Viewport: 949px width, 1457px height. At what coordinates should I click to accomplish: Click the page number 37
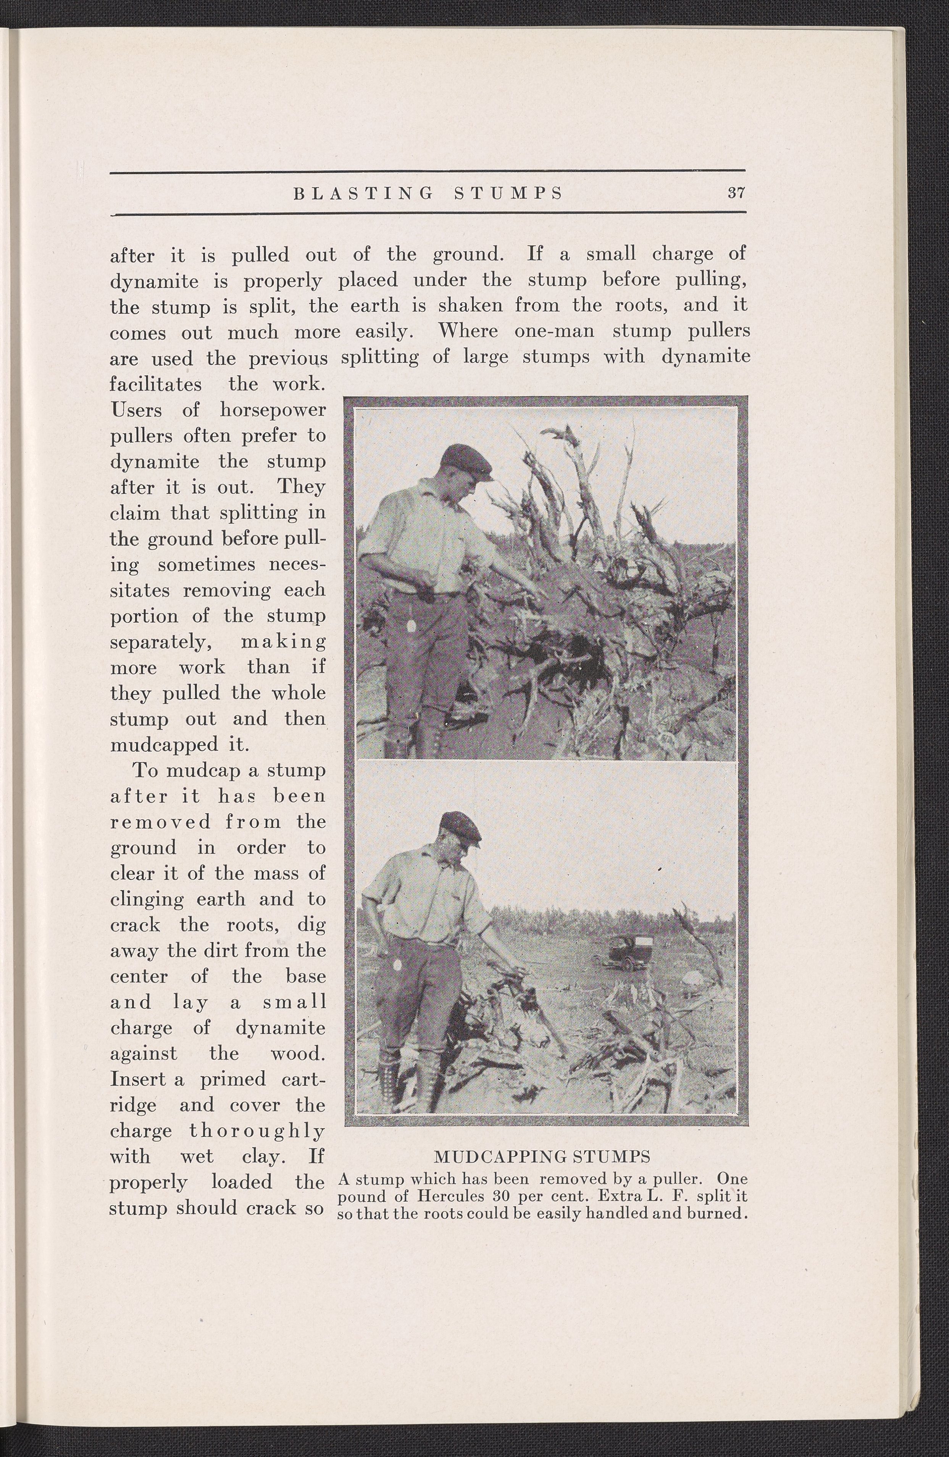click(x=736, y=193)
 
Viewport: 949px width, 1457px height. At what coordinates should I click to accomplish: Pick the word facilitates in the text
click(x=156, y=384)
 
